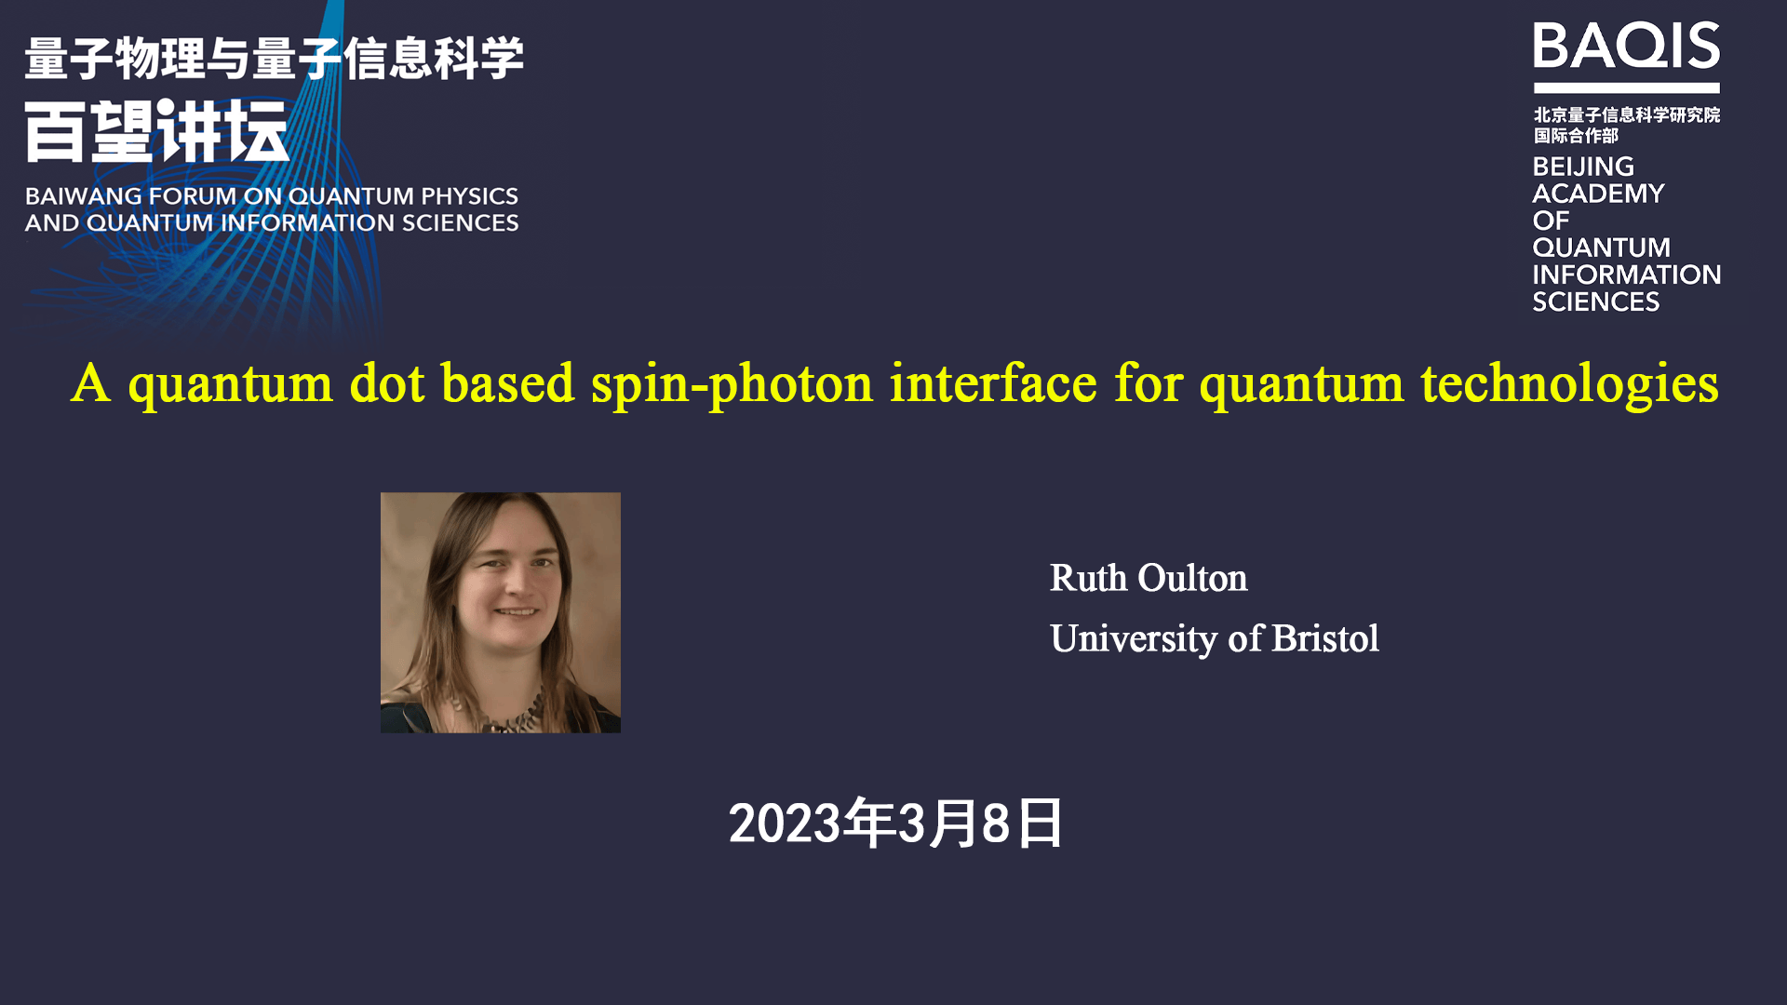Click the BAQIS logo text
pyautogui.click(x=1626, y=46)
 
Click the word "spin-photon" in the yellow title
pyautogui.click(x=732, y=384)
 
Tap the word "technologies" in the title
pyautogui.click(x=1569, y=384)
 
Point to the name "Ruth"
pyautogui.click(x=1088, y=578)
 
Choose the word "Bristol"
pyautogui.click(x=1324, y=638)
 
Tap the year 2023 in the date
pyautogui.click(x=784, y=824)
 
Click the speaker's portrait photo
pyautogui.click(x=501, y=612)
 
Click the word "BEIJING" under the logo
pyautogui.click(x=1583, y=167)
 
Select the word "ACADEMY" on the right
pyautogui.click(x=1598, y=194)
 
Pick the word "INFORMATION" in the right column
pyautogui.click(x=1626, y=275)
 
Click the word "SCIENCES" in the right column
pyautogui.click(x=1595, y=301)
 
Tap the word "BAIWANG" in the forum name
pyautogui.click(x=83, y=196)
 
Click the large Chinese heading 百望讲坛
pyautogui.click(x=156, y=131)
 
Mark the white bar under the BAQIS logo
pyautogui.click(x=1626, y=88)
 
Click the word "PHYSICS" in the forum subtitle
pyautogui.click(x=469, y=196)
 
